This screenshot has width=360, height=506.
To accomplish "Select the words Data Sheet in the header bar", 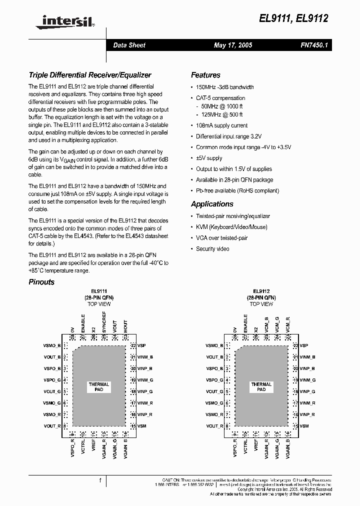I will [129, 45].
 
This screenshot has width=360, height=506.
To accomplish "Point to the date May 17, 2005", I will [232, 45].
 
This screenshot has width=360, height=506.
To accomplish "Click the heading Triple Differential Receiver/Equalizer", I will [90, 75].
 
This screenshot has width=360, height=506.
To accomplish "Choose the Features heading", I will [205, 75].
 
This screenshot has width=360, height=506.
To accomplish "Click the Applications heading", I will [212, 204].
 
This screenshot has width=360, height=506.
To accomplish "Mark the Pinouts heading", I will [41, 282].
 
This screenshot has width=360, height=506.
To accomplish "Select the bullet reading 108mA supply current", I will [221, 125].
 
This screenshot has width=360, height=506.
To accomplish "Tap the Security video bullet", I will [212, 249].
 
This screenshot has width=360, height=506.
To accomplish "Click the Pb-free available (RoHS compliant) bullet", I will [237, 190].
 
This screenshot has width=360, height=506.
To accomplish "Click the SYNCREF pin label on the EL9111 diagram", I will [104, 322].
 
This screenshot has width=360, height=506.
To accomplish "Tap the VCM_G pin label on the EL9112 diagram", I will [277, 325].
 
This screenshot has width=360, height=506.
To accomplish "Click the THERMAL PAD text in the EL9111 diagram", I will [99, 387].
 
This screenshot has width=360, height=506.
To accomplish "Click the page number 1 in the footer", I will [100, 481].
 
